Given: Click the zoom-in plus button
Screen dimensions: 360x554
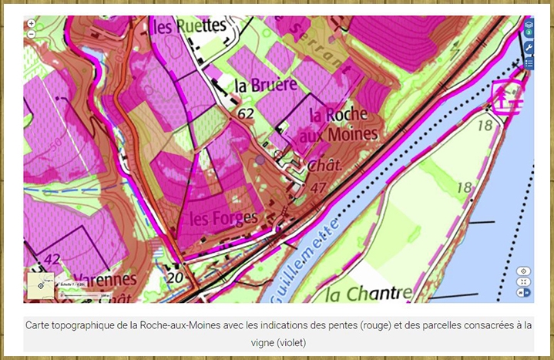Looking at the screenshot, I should tap(31, 23).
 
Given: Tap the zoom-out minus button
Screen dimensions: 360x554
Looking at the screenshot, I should tap(31, 34).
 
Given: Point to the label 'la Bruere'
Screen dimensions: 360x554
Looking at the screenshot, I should tap(261, 86).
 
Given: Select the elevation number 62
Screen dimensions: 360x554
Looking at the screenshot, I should tap(246, 114).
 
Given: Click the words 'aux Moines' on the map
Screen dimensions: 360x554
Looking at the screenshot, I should tap(342, 134).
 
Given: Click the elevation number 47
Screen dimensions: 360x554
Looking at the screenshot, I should tap(317, 187).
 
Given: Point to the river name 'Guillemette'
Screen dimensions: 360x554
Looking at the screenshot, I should tap(304, 258).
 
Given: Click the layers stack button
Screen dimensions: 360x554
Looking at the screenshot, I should tap(529, 29).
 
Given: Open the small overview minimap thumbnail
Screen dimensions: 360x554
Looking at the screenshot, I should tap(40, 284).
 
